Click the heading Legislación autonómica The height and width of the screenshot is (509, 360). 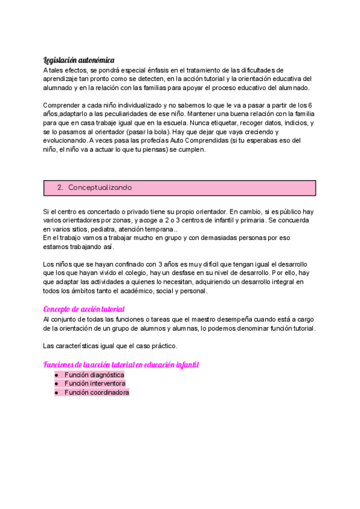tap(79, 60)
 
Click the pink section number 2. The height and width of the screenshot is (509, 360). tap(60, 188)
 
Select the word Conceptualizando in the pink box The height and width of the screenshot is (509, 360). tap(100, 188)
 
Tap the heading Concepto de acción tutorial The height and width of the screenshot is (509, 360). tap(84, 309)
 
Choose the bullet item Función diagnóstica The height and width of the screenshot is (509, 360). tap(94, 375)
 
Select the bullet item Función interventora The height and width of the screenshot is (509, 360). tap(95, 384)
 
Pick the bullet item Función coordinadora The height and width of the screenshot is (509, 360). tap(97, 393)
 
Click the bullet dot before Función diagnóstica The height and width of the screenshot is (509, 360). tap(56, 375)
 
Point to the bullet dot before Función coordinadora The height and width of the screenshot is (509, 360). tap(56, 393)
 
